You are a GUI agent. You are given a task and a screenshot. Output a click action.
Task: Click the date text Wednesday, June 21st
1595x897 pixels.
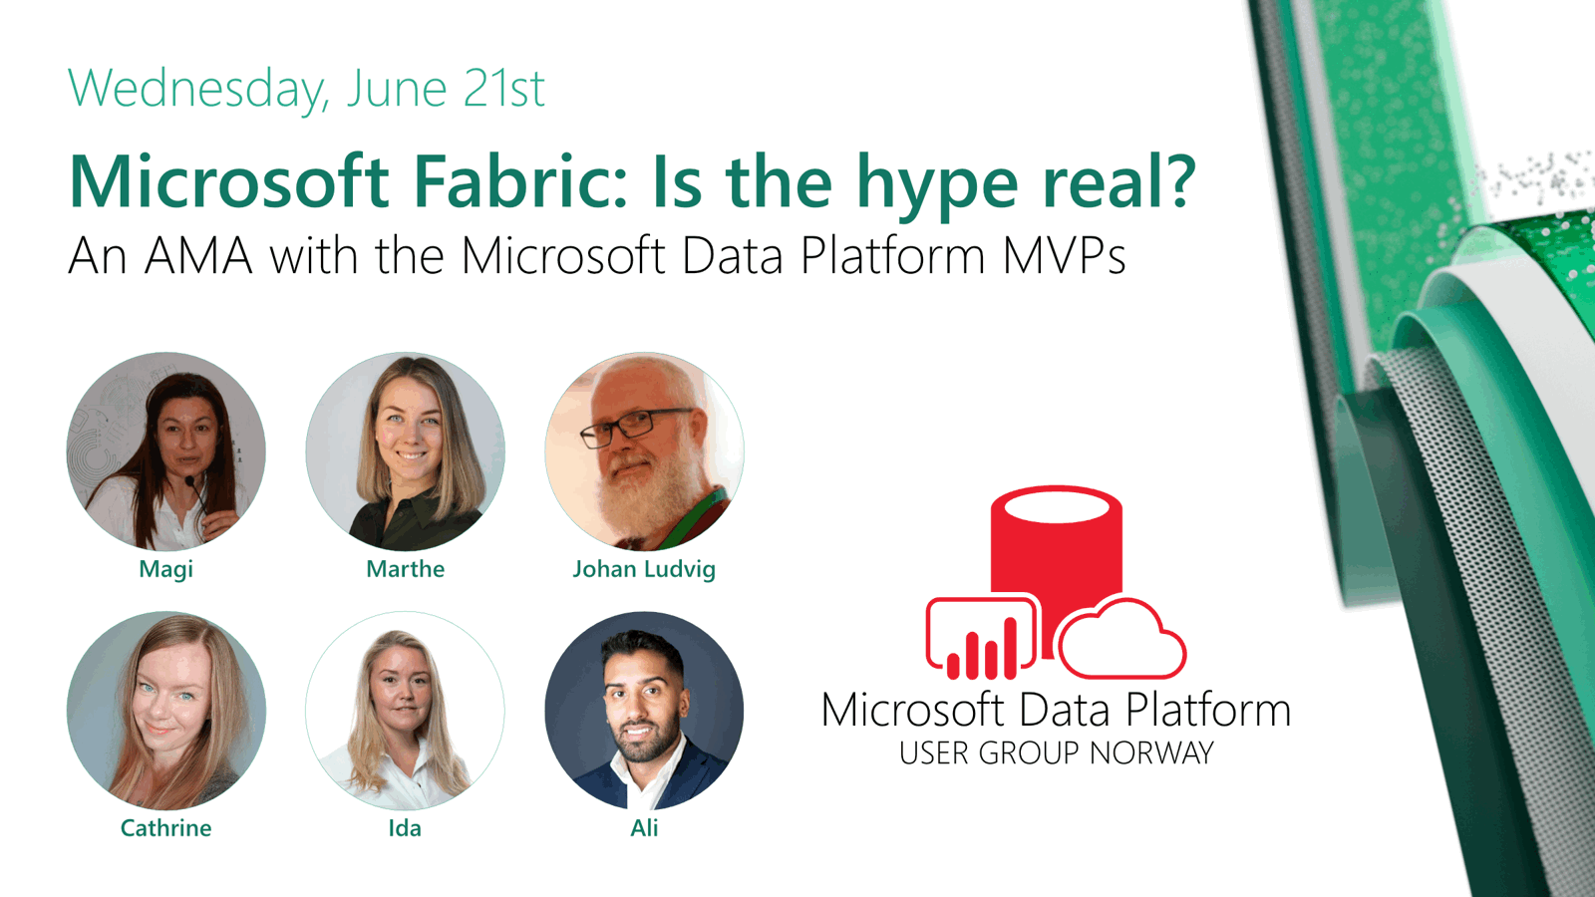pos(306,88)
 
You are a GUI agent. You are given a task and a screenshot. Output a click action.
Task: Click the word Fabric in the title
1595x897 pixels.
pos(520,182)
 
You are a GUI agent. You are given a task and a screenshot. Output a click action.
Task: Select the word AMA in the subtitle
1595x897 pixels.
pos(198,256)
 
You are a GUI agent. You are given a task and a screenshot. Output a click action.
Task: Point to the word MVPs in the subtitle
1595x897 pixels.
pos(1064,256)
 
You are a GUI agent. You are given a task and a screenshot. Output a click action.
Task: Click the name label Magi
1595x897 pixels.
pos(165,569)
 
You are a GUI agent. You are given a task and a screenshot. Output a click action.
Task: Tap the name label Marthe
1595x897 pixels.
pos(405,569)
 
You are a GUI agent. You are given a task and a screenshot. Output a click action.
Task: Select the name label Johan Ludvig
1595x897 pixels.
pos(644,569)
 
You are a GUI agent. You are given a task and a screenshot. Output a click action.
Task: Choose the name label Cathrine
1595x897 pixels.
pos(165,828)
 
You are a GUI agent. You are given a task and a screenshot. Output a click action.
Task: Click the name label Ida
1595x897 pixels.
pos(405,828)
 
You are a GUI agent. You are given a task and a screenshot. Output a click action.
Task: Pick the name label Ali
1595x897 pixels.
pos(644,828)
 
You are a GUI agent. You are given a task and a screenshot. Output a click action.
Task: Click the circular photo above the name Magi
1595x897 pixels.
pos(165,451)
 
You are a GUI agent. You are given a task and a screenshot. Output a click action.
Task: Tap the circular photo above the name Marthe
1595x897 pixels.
pos(405,451)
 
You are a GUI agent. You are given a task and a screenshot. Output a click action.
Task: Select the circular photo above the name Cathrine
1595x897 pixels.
pos(165,711)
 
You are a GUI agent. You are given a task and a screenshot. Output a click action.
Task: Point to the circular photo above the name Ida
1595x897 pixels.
pos(405,711)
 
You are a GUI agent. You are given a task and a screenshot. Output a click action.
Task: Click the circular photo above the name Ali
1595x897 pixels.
pos(644,711)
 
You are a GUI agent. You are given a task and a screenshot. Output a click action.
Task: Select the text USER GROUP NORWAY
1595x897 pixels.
pos(1056,753)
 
